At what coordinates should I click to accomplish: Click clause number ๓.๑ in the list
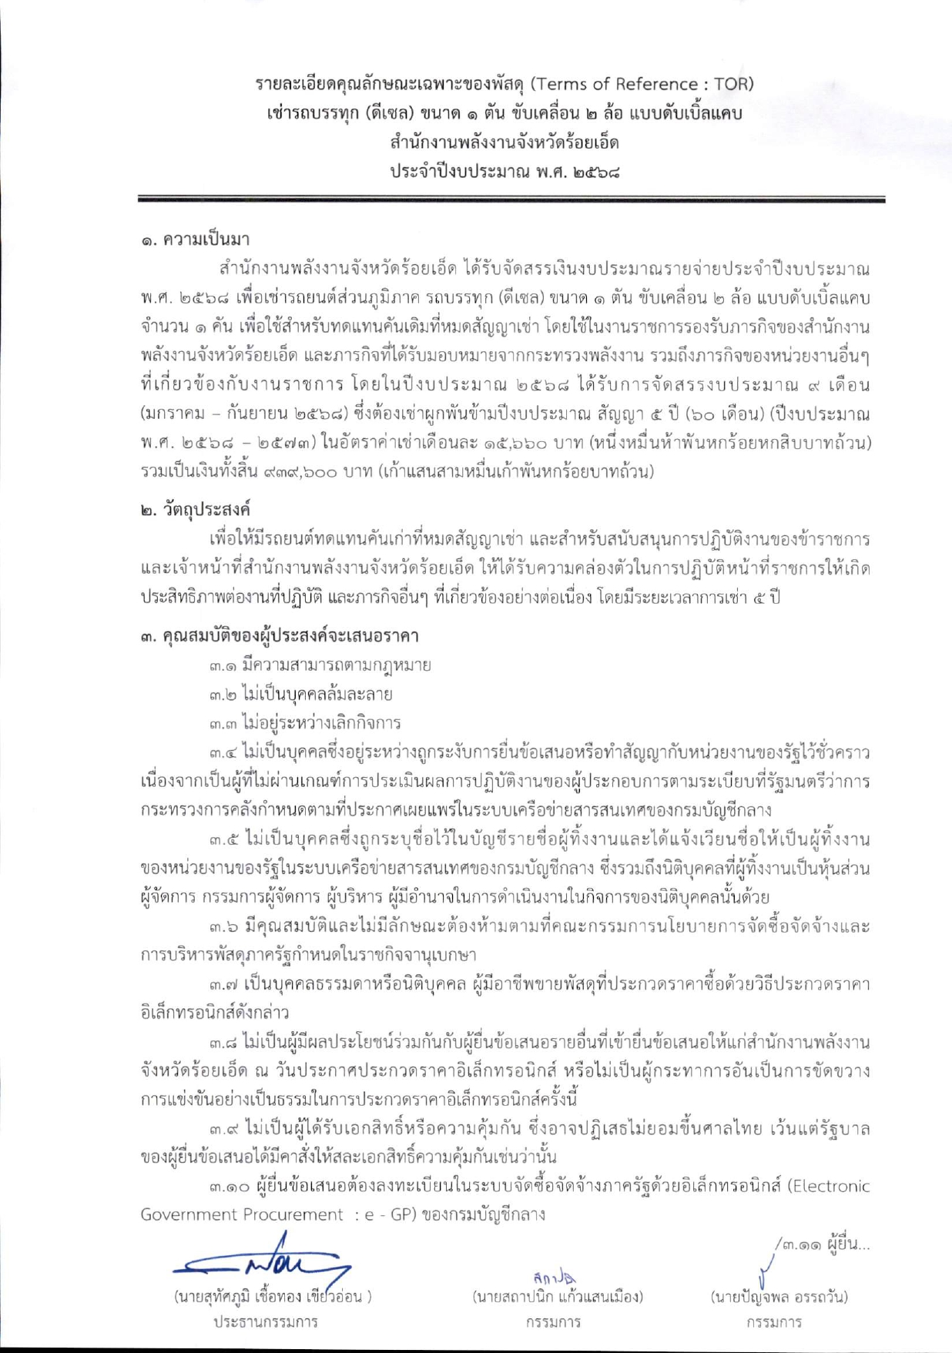[222, 665]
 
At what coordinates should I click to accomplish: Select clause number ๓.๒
[223, 694]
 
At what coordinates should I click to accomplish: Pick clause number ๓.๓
[223, 723]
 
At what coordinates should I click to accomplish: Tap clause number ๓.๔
[223, 752]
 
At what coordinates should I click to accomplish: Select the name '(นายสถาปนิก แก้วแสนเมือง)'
[558, 1297]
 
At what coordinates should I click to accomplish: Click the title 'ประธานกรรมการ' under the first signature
[266, 1322]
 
